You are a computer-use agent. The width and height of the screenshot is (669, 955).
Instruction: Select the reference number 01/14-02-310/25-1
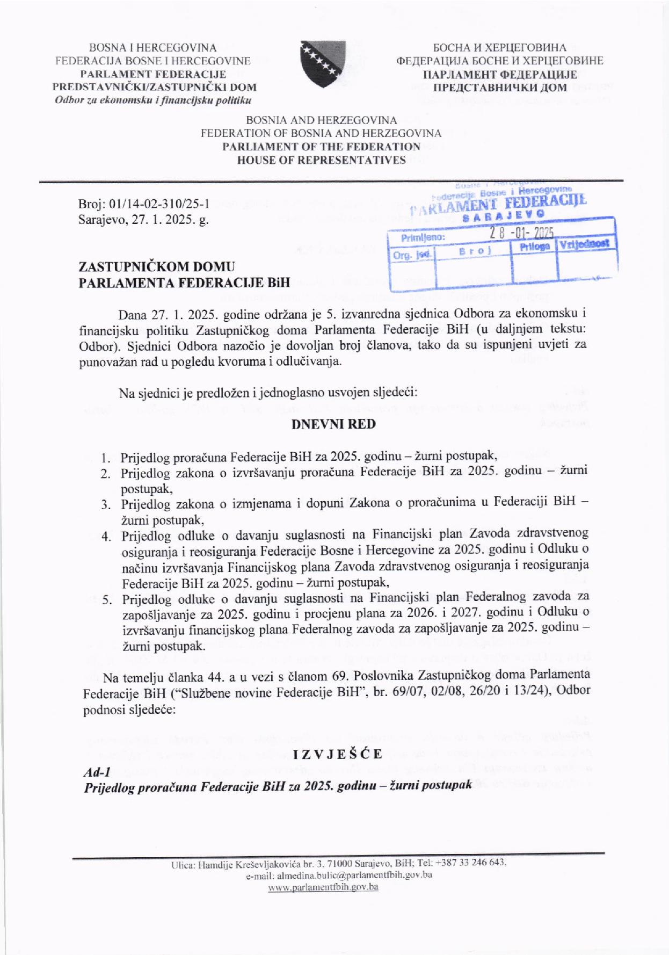(159, 204)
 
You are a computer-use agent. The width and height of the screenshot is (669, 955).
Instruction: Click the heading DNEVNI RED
(333, 424)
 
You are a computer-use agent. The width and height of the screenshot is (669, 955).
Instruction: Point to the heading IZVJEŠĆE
(338, 754)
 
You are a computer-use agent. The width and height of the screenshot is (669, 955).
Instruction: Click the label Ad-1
(97, 772)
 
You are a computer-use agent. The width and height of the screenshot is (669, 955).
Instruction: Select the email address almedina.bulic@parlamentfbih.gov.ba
(354, 875)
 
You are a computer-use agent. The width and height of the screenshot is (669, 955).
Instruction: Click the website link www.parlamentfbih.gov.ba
(323, 887)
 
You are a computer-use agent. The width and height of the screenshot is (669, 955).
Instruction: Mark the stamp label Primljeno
(423, 237)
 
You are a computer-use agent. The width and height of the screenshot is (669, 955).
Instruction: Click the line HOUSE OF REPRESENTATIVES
(322, 160)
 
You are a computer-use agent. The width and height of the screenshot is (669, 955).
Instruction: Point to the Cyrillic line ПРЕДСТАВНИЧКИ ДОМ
(499, 88)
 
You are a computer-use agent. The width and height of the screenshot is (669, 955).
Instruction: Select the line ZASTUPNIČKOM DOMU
(157, 266)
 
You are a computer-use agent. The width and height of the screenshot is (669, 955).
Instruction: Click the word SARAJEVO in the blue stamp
(503, 215)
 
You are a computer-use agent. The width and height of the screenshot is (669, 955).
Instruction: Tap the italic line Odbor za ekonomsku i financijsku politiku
(153, 100)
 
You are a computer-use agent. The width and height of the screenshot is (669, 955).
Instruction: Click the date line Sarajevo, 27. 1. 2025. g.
(143, 219)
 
